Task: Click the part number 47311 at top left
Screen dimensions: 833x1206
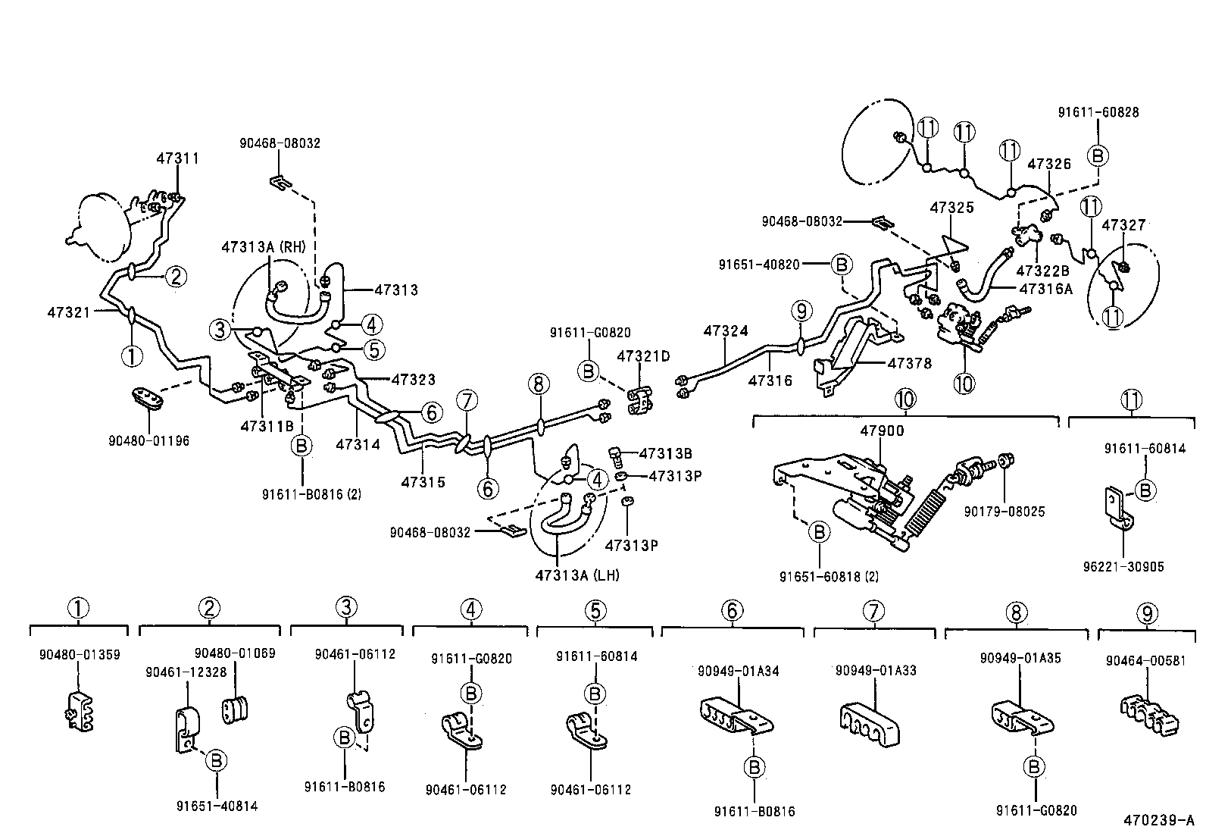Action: coord(178,158)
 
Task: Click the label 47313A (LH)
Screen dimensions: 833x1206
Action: coord(576,575)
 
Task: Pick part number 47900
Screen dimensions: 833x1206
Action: coord(882,431)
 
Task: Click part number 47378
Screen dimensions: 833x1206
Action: coord(910,364)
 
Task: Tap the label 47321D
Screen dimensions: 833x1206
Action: coord(643,355)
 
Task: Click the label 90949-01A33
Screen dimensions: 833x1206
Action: coord(876,671)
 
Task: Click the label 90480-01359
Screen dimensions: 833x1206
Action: coord(79,655)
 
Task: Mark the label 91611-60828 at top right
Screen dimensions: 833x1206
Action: coord(1098,112)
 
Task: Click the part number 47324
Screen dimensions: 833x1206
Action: coord(725,331)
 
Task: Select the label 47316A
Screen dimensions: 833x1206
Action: coord(1046,288)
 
